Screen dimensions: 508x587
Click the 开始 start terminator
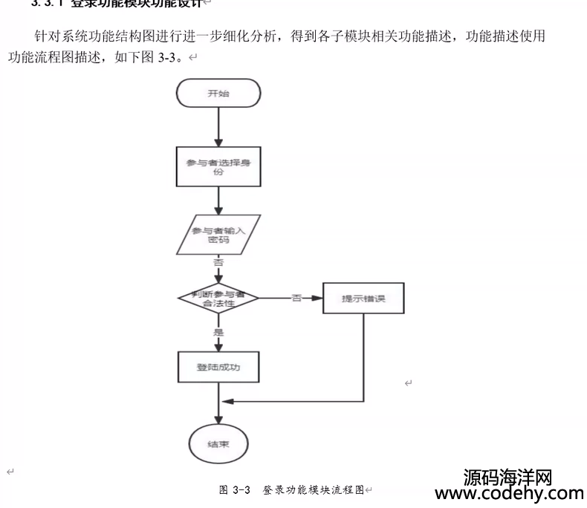point(218,93)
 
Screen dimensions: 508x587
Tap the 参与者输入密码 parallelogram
point(218,235)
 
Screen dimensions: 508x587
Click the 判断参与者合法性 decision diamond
point(218,299)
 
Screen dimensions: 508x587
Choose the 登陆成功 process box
point(218,367)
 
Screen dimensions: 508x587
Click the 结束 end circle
point(218,444)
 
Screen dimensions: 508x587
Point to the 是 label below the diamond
point(218,332)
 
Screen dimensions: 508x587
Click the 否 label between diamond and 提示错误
point(296,298)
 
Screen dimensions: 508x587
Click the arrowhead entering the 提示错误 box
point(318,299)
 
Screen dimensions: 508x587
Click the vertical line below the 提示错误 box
point(363,356)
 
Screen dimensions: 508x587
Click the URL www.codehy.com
point(509,494)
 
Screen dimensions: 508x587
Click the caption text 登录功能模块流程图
point(313,490)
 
